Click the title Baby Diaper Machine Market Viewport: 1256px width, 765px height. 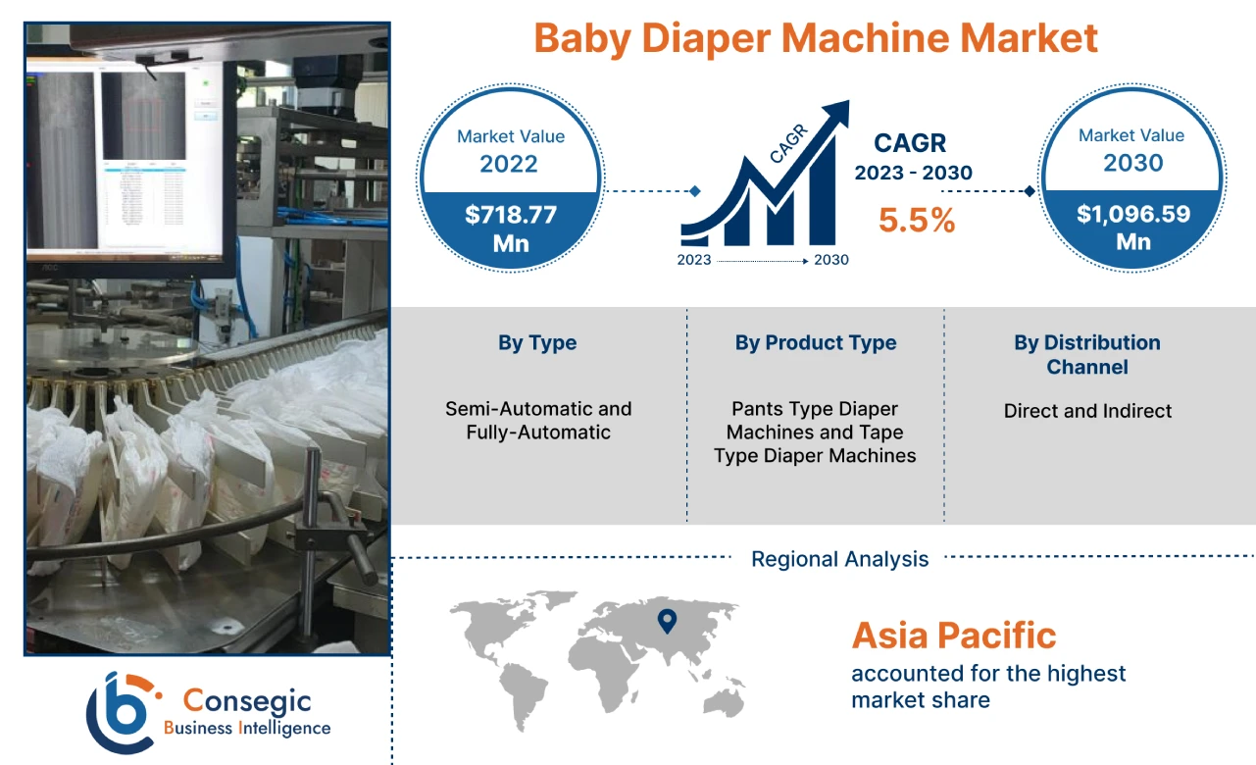click(x=816, y=39)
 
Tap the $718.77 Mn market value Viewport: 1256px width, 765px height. click(x=510, y=228)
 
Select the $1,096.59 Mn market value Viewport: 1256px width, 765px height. click(x=1132, y=227)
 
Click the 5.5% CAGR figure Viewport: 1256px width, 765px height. click(x=916, y=221)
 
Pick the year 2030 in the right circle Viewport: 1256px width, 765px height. click(x=1132, y=162)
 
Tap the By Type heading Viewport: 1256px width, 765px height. click(x=537, y=343)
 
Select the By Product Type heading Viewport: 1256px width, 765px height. click(x=816, y=343)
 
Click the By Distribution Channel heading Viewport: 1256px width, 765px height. click(x=1086, y=355)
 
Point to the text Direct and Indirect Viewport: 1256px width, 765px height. click(x=1087, y=411)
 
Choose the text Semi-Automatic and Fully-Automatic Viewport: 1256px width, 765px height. click(x=538, y=421)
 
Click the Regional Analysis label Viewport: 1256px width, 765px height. click(x=839, y=559)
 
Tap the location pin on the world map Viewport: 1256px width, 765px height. click(x=667, y=620)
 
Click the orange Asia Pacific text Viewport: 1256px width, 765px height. click(x=954, y=636)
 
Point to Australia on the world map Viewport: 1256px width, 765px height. click(x=728, y=698)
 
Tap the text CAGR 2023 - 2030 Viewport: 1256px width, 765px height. click(x=913, y=157)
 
